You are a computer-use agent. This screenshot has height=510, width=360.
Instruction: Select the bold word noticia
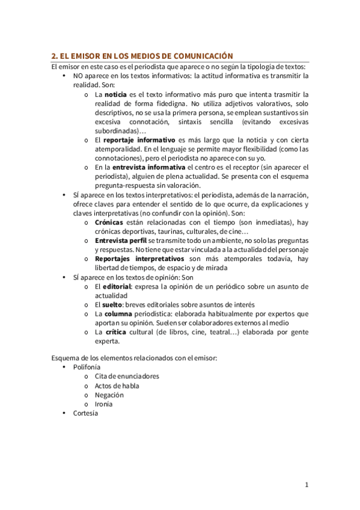point(115,95)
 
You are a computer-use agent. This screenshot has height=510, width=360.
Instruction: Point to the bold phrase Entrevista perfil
point(121,241)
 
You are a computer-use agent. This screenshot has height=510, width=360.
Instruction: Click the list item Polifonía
point(87,367)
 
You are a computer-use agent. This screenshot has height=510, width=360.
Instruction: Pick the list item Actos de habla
point(117,386)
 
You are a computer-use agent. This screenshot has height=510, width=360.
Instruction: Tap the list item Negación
point(109,395)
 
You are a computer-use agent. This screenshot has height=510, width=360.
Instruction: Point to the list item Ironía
point(103,404)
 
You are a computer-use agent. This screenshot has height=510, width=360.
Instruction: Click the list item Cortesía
point(85,413)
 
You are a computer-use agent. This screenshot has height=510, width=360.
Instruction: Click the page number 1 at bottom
point(306,485)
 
